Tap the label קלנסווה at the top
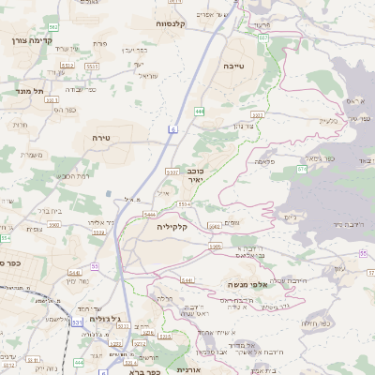point(175,22)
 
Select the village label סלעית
point(327,120)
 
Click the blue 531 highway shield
point(76,322)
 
